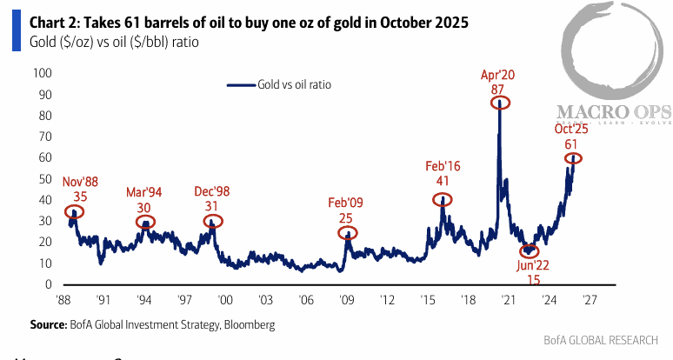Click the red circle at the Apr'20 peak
coord(499,102)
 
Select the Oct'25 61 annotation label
coord(572,137)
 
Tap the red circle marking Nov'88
coord(75,211)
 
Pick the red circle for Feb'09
coord(347,233)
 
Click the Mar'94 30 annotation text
coord(145,197)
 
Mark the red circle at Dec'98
coord(212,222)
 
